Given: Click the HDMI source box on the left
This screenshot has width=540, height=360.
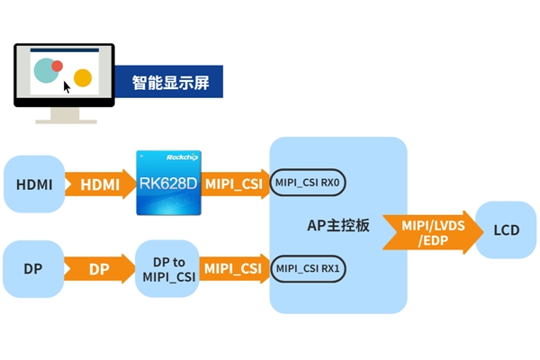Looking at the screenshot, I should pos(34,184).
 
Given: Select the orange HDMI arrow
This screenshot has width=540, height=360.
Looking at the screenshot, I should pos(97,184).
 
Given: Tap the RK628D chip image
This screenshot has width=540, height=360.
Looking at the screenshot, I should pos(168,183).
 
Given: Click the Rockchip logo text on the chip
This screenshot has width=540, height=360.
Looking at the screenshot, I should pos(181,157).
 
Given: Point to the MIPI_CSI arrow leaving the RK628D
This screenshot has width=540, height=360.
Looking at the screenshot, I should pos(234,184).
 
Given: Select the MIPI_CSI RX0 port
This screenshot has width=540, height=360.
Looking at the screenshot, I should pos(308,184).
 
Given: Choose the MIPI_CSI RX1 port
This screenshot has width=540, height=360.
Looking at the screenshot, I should pos(308,268).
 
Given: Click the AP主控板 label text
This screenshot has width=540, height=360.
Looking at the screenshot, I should pos(338,226).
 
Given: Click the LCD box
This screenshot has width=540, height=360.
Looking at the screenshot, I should pos(506,230).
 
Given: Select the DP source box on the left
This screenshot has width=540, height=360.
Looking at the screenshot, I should pos(33,269).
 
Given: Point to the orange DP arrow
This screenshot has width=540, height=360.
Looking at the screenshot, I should pos(97,269).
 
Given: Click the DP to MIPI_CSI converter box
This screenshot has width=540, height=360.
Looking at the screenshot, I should pos(167,269).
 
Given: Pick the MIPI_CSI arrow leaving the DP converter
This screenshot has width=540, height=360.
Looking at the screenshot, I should pos(234,268).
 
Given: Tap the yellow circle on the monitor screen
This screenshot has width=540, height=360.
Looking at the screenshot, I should pos(83,77).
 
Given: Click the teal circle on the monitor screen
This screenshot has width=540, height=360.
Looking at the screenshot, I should pos(45,70).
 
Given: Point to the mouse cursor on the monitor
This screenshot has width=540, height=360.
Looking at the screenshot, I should pos(67,87).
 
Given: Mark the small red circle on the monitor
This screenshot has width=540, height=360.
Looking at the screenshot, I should pos(57,66).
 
